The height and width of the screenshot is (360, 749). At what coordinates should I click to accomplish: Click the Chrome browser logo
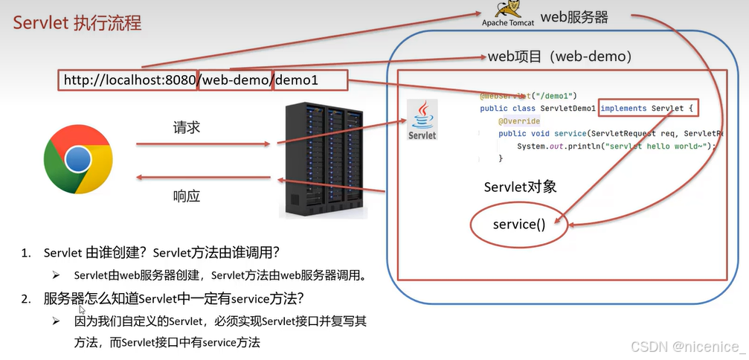pyautogui.click(x=78, y=159)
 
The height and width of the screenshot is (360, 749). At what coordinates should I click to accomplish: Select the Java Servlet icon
pyautogui.click(x=422, y=119)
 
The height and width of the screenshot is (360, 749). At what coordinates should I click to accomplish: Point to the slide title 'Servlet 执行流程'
pyautogui.click(x=77, y=22)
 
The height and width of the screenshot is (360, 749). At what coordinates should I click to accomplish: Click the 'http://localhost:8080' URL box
pyautogui.click(x=127, y=80)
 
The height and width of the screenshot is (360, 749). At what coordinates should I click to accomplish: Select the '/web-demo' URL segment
pyautogui.click(x=235, y=80)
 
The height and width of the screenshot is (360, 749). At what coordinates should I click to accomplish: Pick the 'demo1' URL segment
pyautogui.click(x=310, y=80)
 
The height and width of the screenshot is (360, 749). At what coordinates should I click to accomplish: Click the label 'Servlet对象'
pyautogui.click(x=520, y=186)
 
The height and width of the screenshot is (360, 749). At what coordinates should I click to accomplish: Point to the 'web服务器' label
pyautogui.click(x=574, y=17)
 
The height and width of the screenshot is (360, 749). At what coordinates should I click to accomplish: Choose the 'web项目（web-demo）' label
pyautogui.click(x=560, y=57)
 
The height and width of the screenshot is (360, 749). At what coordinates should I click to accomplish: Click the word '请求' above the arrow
pyautogui.click(x=186, y=127)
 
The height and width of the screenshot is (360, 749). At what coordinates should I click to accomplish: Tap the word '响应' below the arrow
pyautogui.click(x=186, y=196)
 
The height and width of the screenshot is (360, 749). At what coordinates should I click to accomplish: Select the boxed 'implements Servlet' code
pyautogui.click(x=649, y=109)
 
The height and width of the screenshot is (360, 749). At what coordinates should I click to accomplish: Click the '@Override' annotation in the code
pyautogui.click(x=519, y=121)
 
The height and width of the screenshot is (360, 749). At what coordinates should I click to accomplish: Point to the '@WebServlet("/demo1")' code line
pyautogui.click(x=529, y=96)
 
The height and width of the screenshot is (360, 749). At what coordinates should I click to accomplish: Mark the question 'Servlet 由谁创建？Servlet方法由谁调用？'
pyautogui.click(x=161, y=253)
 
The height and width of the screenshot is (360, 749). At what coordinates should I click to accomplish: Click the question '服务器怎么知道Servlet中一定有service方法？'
pyautogui.click(x=174, y=299)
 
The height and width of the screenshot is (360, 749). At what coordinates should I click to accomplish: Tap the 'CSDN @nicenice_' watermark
pyautogui.click(x=687, y=346)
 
